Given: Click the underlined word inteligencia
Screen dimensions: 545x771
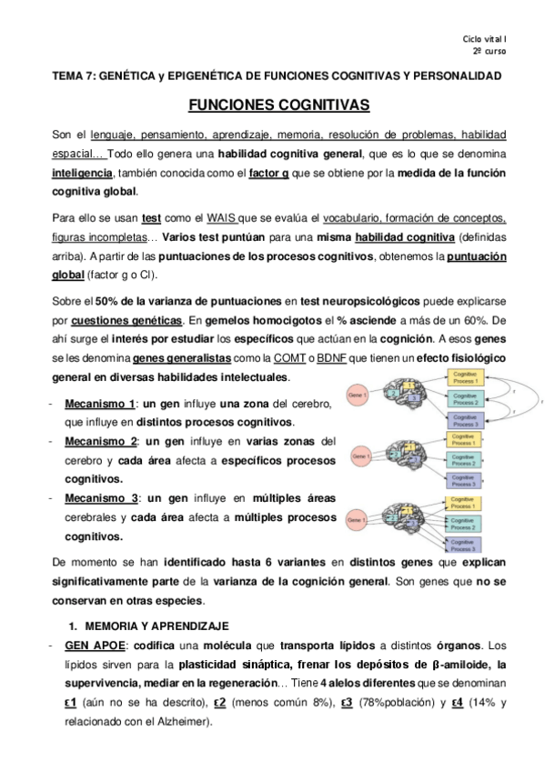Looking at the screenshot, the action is [x=82, y=173].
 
